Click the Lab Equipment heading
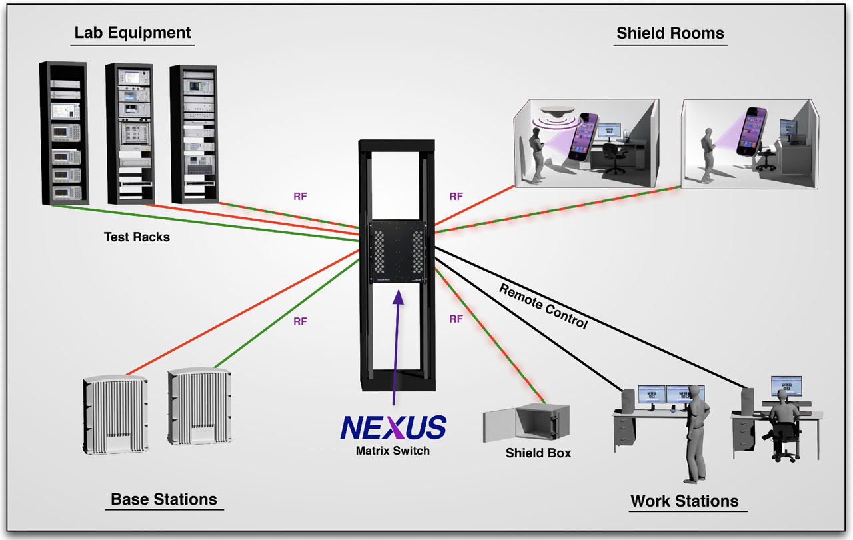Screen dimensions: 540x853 pyautogui.click(x=133, y=33)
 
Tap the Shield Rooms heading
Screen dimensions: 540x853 pyautogui.click(x=670, y=33)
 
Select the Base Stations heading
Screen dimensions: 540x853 pyautogui.click(x=163, y=499)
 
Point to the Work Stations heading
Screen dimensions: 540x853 pyautogui.click(x=684, y=501)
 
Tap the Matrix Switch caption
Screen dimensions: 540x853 pyautogui.click(x=392, y=451)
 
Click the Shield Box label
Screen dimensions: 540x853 pyautogui.click(x=538, y=453)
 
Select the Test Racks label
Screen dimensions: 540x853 pyautogui.click(x=137, y=237)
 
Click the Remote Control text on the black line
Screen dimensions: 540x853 pyautogui.click(x=544, y=306)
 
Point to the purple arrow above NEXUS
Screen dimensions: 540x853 pyautogui.click(x=397, y=347)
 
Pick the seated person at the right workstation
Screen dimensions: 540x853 pyautogui.click(x=784, y=427)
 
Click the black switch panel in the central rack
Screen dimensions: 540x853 pyautogui.click(x=397, y=252)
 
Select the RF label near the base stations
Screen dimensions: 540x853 pyautogui.click(x=300, y=321)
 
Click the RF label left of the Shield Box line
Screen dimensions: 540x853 pyautogui.click(x=456, y=319)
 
